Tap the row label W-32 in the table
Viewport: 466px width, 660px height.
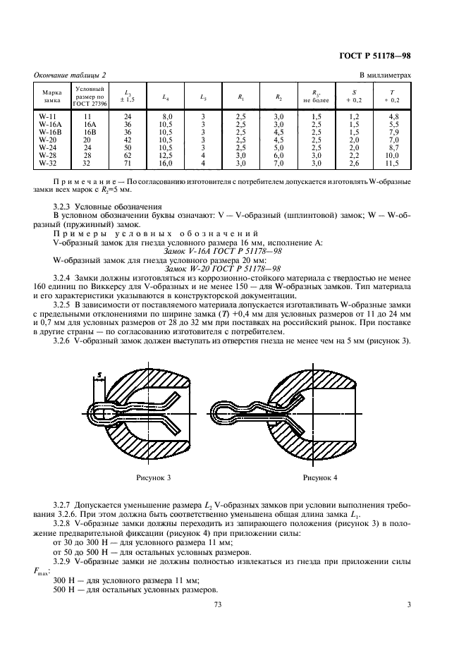tap(49, 163)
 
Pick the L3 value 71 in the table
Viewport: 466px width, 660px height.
tap(128, 163)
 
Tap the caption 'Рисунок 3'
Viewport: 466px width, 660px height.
tap(153, 477)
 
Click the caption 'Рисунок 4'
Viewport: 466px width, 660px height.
tap(320, 477)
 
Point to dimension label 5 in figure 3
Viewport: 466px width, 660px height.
tap(100, 373)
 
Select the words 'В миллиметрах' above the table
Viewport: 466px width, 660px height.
tap(386, 75)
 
